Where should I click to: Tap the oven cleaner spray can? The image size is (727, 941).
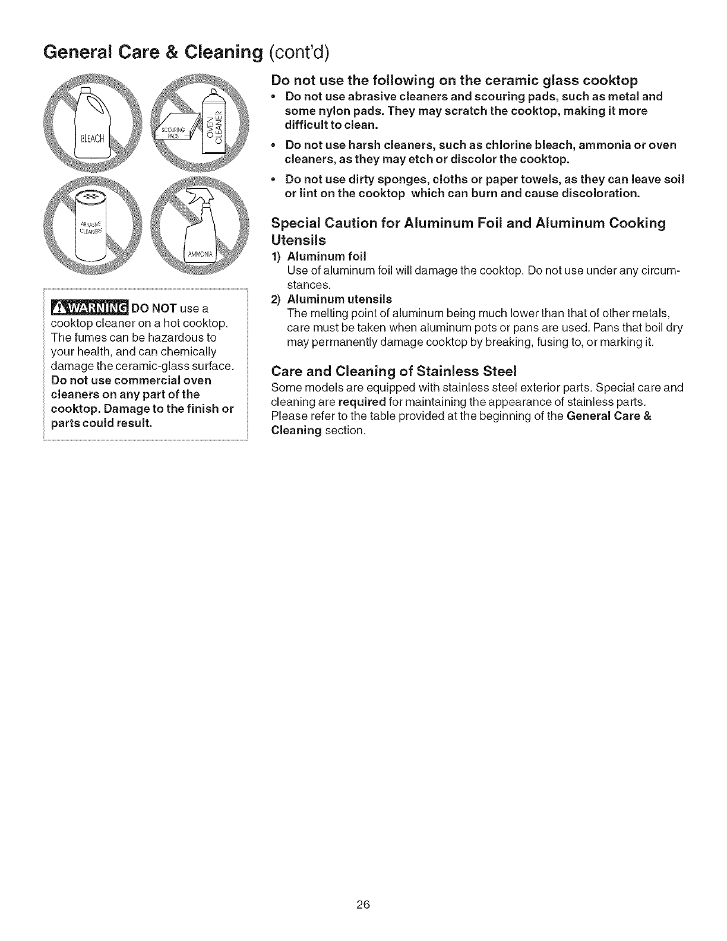(216, 126)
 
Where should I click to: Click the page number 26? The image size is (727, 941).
(363, 905)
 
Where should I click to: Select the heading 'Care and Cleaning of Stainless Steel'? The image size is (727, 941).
(394, 372)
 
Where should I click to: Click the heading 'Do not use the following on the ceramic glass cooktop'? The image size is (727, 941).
(454, 80)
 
